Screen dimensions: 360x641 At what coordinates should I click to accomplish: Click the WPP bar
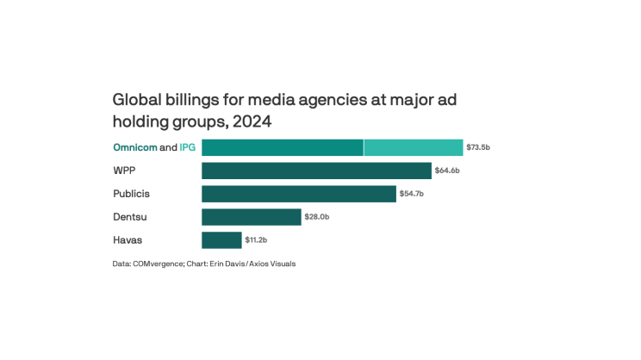(x=316, y=171)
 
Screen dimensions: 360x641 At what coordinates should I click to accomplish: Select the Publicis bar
(x=299, y=194)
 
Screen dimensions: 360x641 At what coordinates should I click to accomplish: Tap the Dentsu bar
(x=252, y=217)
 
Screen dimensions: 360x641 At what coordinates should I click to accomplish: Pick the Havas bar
(x=221, y=240)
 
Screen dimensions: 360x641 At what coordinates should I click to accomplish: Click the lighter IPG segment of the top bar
(x=414, y=147)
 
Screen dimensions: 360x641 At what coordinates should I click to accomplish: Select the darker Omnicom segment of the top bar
(x=283, y=147)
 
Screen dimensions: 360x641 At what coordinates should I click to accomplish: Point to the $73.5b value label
(x=478, y=147)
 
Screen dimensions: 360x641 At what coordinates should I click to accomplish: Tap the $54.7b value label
(x=412, y=194)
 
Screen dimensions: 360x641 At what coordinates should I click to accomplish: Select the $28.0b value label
(x=317, y=217)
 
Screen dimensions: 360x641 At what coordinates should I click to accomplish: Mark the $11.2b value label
(x=257, y=240)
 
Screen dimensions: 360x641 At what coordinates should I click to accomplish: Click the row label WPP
(x=125, y=171)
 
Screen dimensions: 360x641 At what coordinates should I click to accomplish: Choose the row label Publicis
(x=132, y=194)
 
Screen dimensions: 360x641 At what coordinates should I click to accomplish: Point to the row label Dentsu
(x=130, y=217)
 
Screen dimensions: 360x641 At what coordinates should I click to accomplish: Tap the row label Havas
(x=128, y=240)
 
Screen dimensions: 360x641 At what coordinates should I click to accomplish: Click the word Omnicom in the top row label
(x=135, y=147)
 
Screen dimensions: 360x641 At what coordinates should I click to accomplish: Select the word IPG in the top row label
(x=187, y=147)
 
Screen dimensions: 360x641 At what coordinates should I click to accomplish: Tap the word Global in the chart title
(x=138, y=100)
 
